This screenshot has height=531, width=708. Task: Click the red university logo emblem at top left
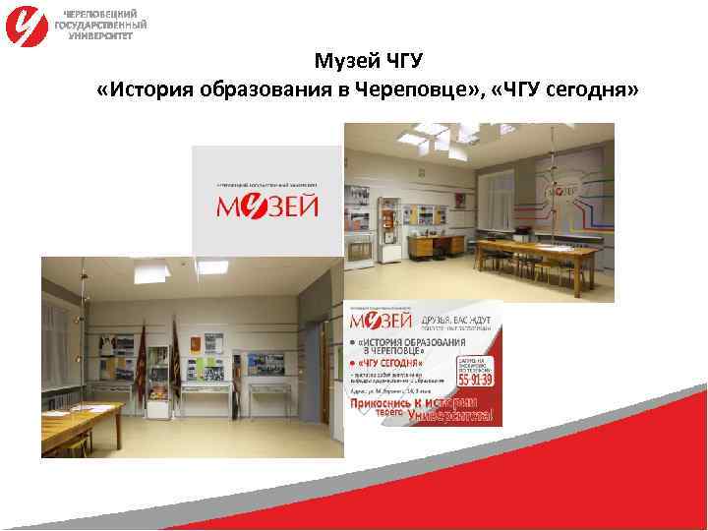point(26,26)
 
